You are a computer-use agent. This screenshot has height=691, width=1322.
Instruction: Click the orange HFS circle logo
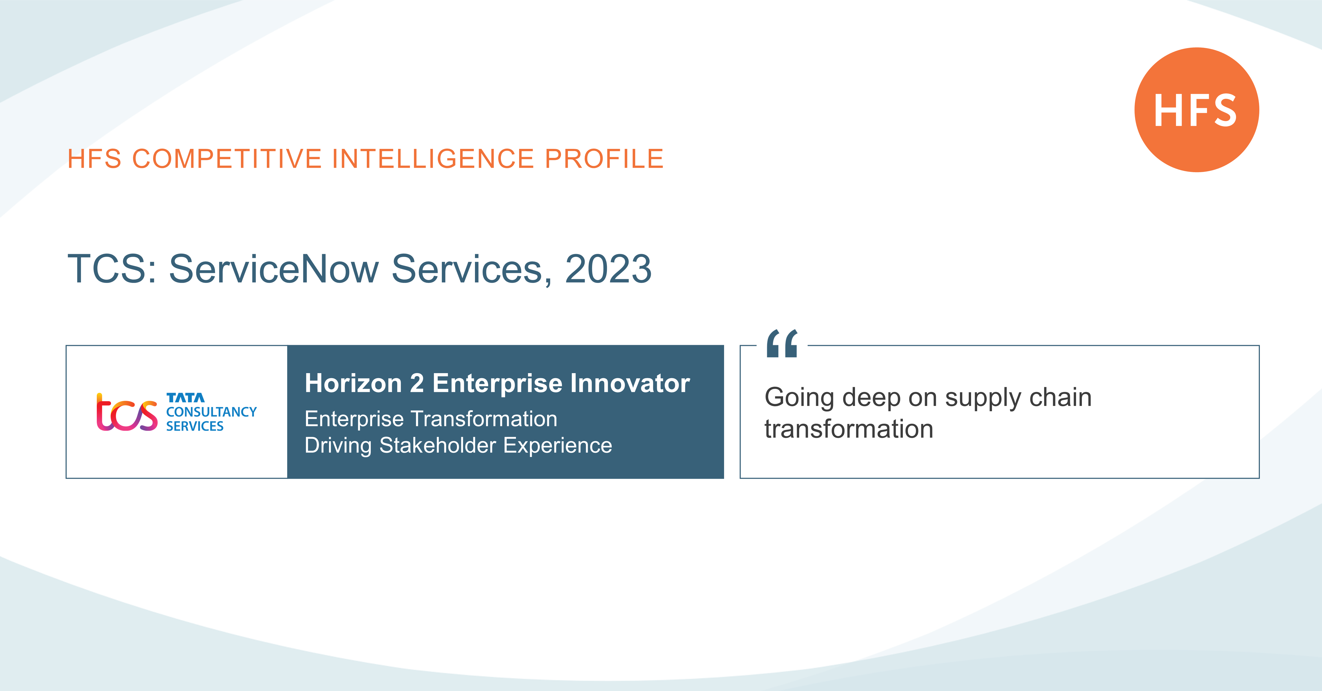click(1196, 110)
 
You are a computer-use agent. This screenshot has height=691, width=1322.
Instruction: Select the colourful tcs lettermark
click(127, 412)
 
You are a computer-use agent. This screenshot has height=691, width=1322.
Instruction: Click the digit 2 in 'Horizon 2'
click(417, 383)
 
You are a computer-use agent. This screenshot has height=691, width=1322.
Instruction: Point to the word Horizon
click(353, 383)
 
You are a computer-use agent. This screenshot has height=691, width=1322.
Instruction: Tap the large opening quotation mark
click(782, 344)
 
